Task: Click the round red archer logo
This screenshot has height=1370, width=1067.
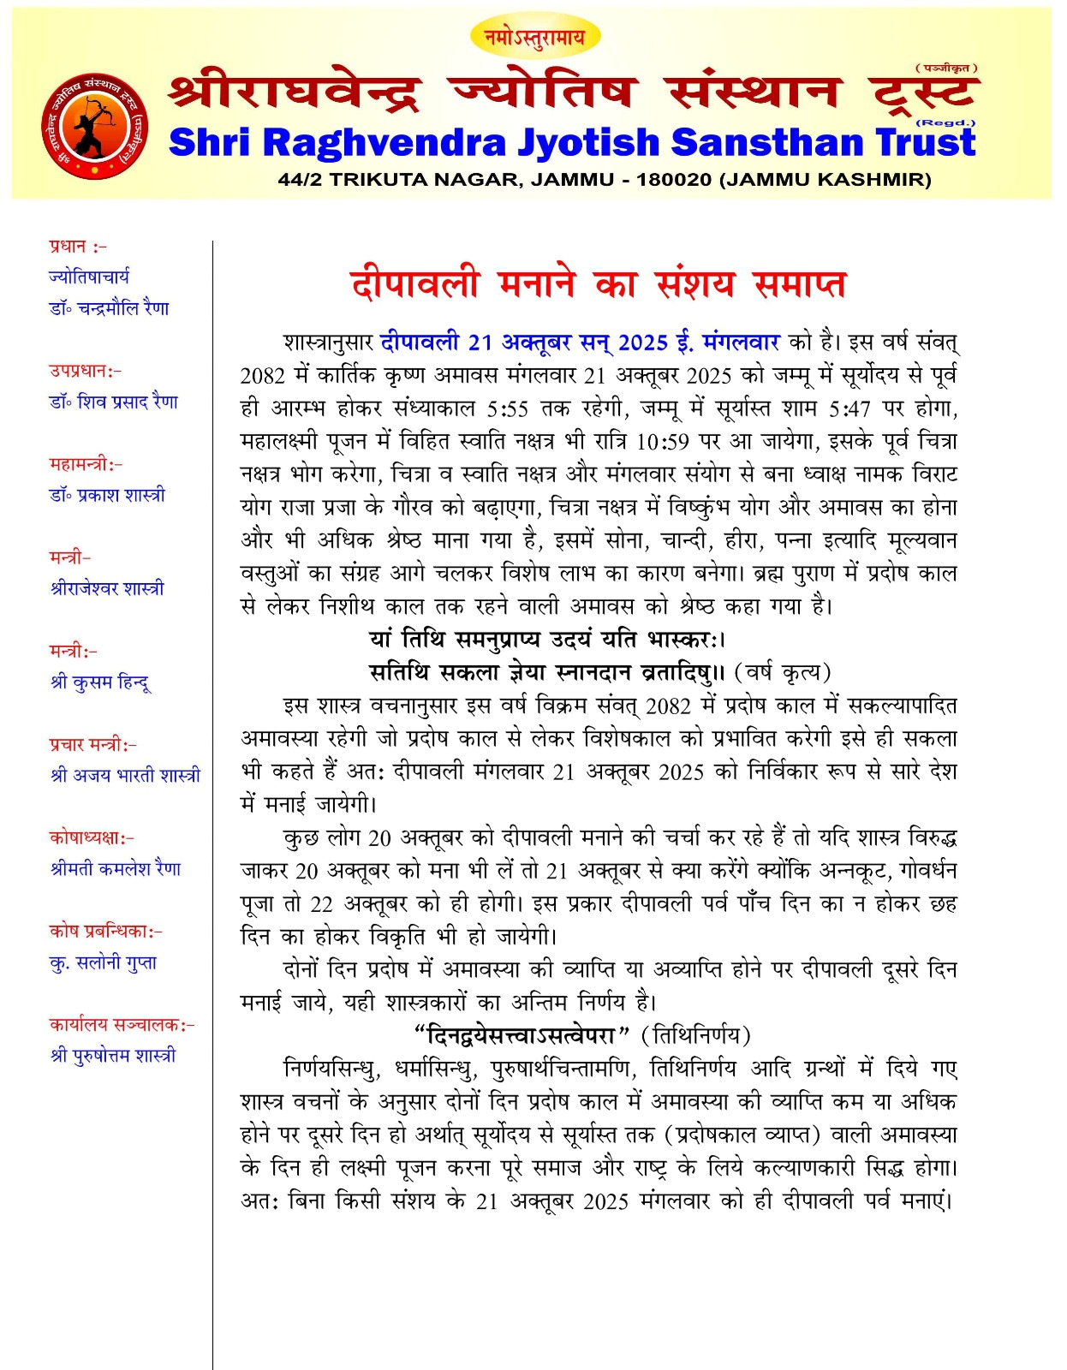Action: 94,127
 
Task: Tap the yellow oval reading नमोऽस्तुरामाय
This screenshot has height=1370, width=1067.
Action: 535,37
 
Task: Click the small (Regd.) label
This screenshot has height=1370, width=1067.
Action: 945,122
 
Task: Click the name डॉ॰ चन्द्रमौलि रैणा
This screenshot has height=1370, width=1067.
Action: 110,308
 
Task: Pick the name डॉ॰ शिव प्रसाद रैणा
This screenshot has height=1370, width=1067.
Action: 114,402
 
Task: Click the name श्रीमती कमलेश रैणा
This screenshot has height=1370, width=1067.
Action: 116,869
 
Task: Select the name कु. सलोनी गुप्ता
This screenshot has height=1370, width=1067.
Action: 103,962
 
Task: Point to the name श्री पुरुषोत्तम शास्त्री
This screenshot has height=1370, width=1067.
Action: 113,1056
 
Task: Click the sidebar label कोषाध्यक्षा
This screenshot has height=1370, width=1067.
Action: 89,837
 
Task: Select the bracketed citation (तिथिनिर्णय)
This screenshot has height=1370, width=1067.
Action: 695,1036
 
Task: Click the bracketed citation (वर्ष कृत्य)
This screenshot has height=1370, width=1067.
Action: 783,673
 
